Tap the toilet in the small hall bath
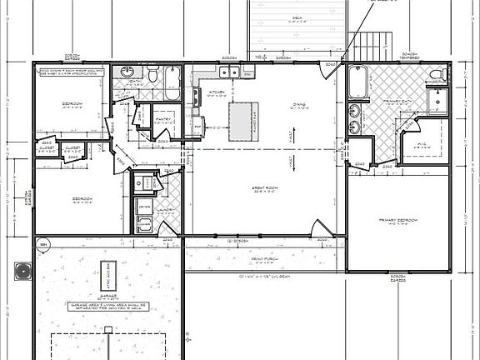152,77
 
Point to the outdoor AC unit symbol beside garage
21,272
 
